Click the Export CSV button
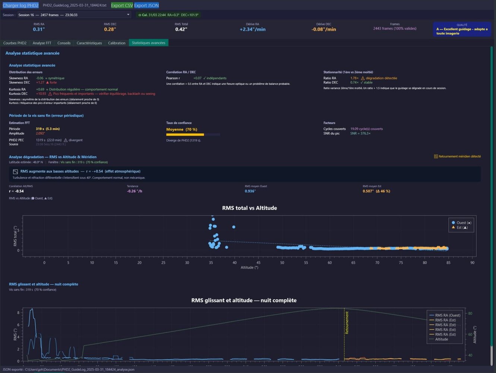[122, 5]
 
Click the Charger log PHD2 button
[20, 5]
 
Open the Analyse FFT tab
[42, 43]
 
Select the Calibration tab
[117, 43]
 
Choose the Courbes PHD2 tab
[15, 43]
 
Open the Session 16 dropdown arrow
[128, 15]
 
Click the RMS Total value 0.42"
[181, 29]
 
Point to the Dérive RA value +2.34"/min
[252, 29]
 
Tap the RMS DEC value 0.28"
[110, 29]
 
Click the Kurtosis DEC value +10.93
[41, 94]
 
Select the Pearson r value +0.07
[197, 78]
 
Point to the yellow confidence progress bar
[185, 135]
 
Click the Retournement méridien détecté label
[459, 157]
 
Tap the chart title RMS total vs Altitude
[249, 208]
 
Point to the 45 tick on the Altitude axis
[258, 263]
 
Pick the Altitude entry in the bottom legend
[441, 339]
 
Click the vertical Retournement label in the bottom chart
[347, 323]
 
